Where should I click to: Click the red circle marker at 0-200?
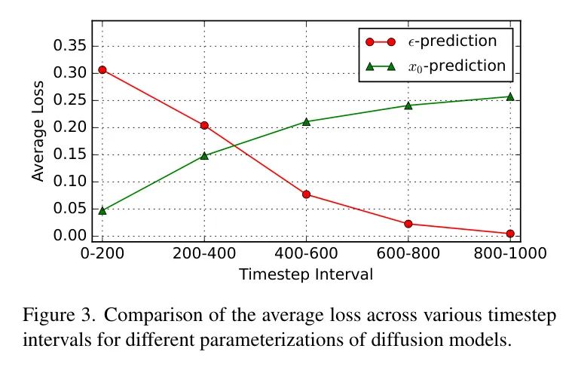[102, 70]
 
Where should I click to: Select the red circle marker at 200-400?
[204, 125]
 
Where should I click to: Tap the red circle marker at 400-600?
[306, 194]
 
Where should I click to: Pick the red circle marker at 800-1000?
[510, 234]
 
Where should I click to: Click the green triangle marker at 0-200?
[102, 210]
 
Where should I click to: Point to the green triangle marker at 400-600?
[306, 121]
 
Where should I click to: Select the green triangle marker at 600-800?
[408, 105]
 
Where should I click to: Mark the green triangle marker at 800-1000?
[510, 96]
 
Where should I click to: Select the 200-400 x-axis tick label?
[204, 254]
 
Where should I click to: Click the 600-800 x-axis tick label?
[408, 254]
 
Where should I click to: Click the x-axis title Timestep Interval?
[305, 274]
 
